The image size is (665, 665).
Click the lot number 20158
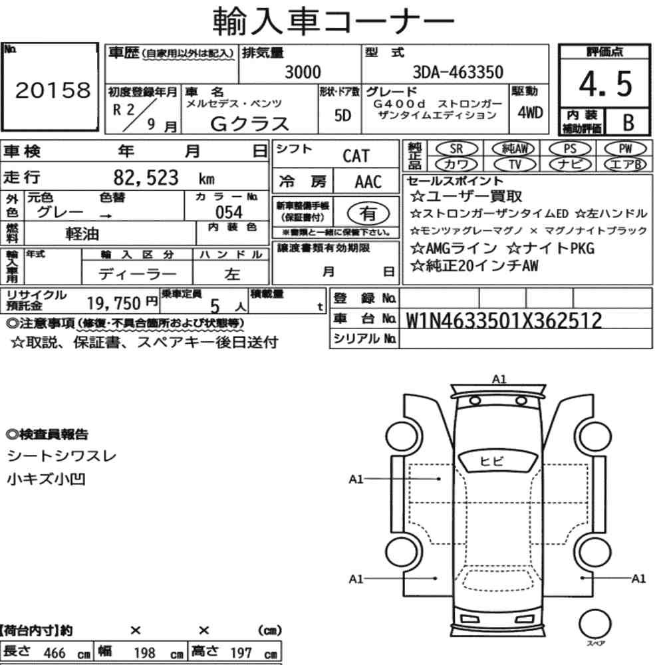(53, 90)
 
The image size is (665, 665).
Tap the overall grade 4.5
(605, 84)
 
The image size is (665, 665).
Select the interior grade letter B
(628, 122)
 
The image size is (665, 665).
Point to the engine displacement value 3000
(303, 72)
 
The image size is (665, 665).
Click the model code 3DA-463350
(458, 72)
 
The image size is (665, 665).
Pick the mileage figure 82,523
(146, 178)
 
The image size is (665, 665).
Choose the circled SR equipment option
(456, 149)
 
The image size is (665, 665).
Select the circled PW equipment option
(625, 149)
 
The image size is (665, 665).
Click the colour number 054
(229, 212)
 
